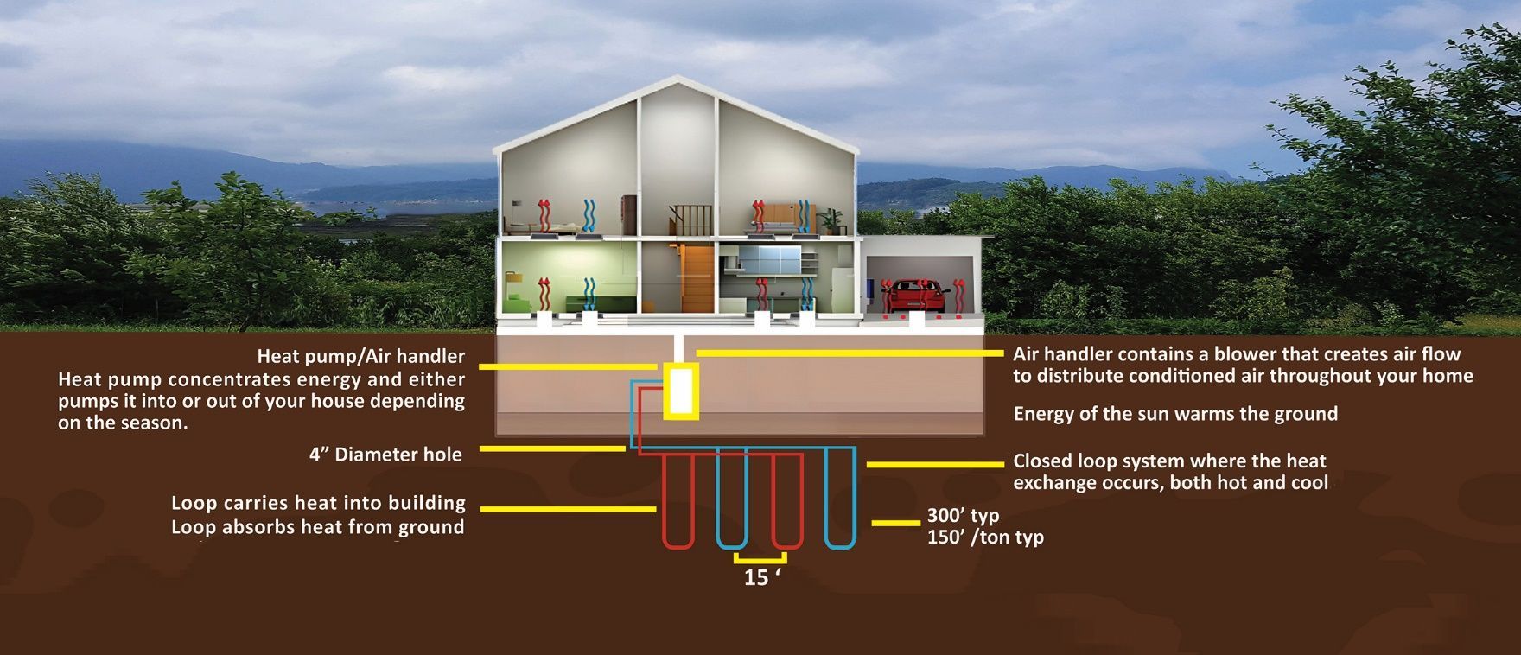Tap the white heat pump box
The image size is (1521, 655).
coord(681,391)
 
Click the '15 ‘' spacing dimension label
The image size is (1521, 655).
coord(761,577)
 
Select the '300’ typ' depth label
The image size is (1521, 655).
coord(963,516)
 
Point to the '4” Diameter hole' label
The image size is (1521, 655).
coord(385,455)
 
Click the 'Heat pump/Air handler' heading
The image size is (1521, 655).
coord(360,356)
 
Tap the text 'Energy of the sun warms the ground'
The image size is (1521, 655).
coord(1175,414)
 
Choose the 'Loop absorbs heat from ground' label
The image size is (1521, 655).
coord(317,527)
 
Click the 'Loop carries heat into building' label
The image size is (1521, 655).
coord(318,503)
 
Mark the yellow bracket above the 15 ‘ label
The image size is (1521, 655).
coord(760,559)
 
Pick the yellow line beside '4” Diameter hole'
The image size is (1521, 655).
coord(551,448)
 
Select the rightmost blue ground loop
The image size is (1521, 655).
coord(840,501)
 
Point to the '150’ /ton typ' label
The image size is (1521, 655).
coord(985,537)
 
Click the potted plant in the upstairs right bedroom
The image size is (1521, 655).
coord(833,219)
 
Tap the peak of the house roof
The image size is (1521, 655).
coord(676,79)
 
